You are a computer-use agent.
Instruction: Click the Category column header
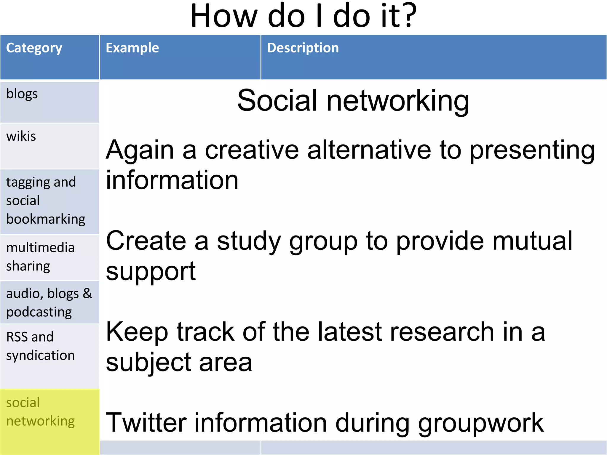coord(34,48)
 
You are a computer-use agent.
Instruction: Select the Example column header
coord(132,48)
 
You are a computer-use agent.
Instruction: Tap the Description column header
coord(303,48)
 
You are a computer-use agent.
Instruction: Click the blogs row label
coord(22,94)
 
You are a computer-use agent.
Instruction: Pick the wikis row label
coord(21,137)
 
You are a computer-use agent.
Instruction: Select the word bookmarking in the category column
coord(46,220)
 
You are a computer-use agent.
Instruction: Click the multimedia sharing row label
coord(40,257)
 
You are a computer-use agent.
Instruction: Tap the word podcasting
coord(39,312)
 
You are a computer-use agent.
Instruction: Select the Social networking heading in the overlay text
coord(353,101)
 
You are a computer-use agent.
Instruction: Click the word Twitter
coord(146,422)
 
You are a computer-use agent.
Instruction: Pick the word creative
coord(252,150)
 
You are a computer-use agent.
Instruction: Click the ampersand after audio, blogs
coord(87,294)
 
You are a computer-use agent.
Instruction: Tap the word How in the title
coord(224,16)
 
